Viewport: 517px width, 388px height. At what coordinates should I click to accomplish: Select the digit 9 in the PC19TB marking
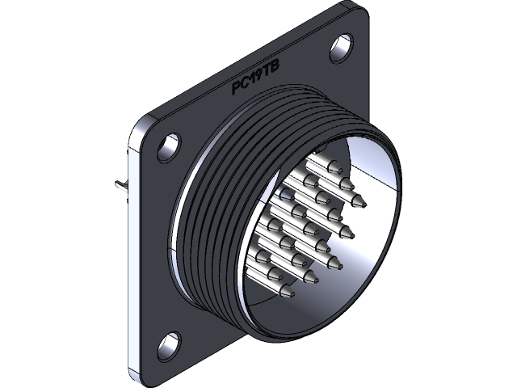pyautogui.click(x=260, y=82)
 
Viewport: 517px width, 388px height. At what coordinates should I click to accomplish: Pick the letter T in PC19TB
pyautogui.click(x=268, y=78)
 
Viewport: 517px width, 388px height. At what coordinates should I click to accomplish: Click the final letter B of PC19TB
pyautogui.click(x=276, y=75)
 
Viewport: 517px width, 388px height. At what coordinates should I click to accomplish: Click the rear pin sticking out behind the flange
pyautogui.click(x=121, y=188)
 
